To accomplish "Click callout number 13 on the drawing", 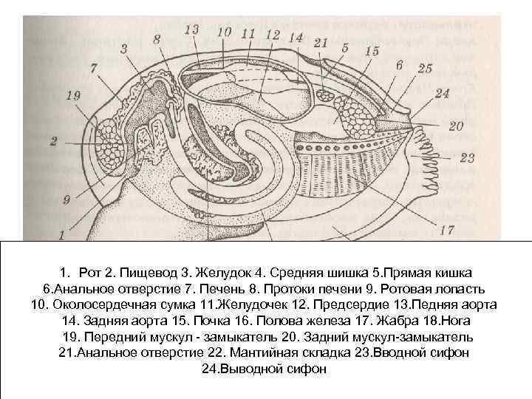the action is (x=191, y=30).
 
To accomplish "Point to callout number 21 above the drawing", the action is (x=319, y=44).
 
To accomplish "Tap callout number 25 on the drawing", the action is (x=424, y=69).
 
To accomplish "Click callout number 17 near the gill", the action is (x=446, y=230).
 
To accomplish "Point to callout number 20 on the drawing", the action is (x=456, y=126).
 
